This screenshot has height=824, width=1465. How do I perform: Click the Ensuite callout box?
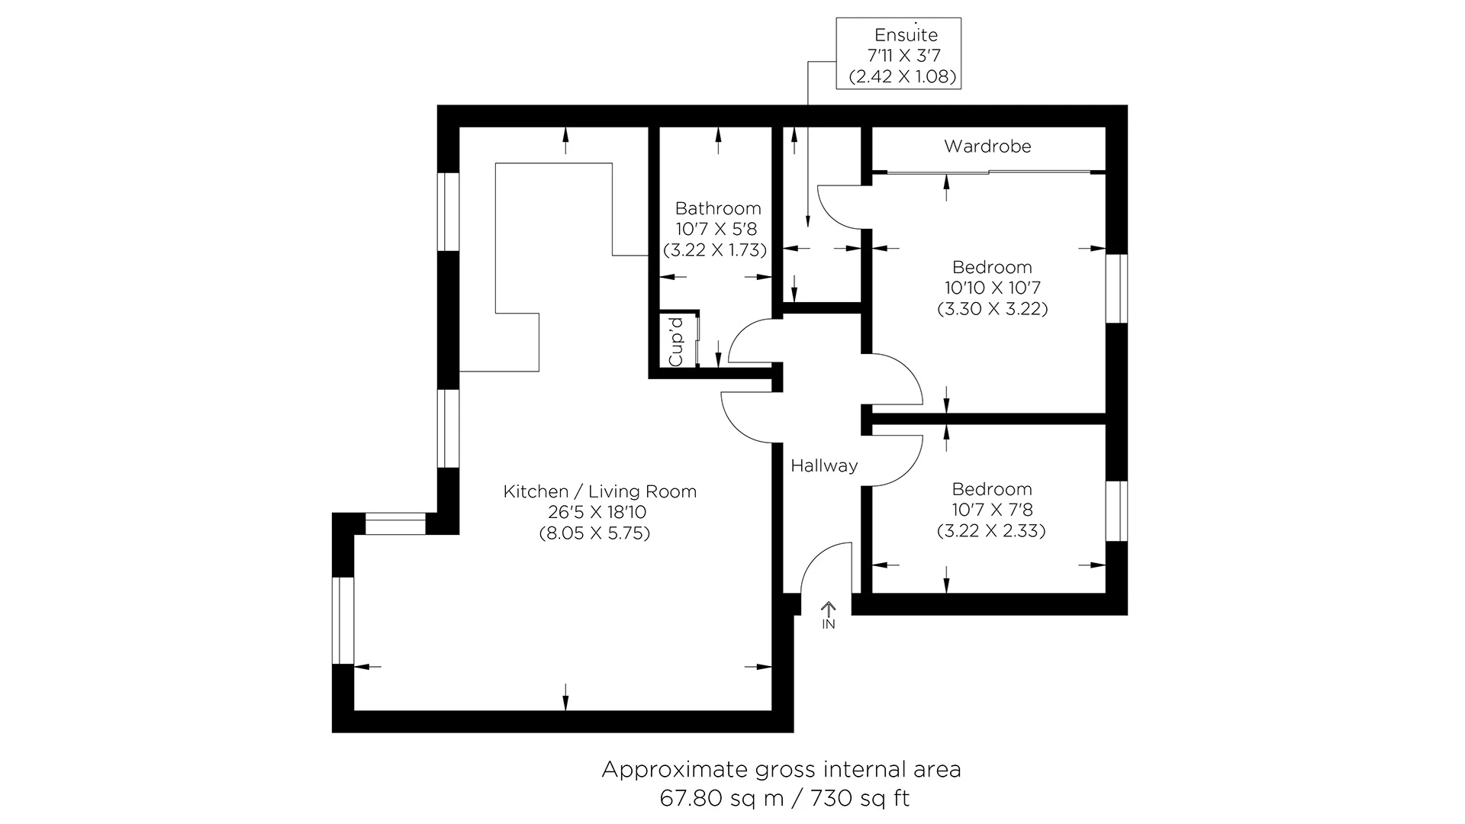click(x=898, y=53)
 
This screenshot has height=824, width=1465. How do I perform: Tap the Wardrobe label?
click(x=987, y=146)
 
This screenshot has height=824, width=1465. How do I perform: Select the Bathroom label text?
click(x=717, y=208)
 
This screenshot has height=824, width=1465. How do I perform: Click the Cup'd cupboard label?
click(x=675, y=342)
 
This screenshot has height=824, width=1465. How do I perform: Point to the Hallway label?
click(x=824, y=465)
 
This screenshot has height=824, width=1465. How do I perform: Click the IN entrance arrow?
click(x=829, y=614)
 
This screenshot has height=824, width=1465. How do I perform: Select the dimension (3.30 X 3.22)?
click(x=992, y=309)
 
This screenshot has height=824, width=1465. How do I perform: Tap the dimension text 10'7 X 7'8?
click(x=992, y=510)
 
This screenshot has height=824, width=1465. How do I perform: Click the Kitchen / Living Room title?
click(x=600, y=491)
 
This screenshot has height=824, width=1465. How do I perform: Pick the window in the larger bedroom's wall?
click(x=1116, y=288)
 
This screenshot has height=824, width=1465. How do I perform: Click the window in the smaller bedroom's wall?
click(x=1116, y=510)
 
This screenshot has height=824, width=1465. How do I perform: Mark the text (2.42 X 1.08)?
click(x=902, y=76)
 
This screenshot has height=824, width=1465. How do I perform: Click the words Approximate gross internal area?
click(x=781, y=770)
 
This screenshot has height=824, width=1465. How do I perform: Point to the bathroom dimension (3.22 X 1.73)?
click(x=715, y=250)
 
